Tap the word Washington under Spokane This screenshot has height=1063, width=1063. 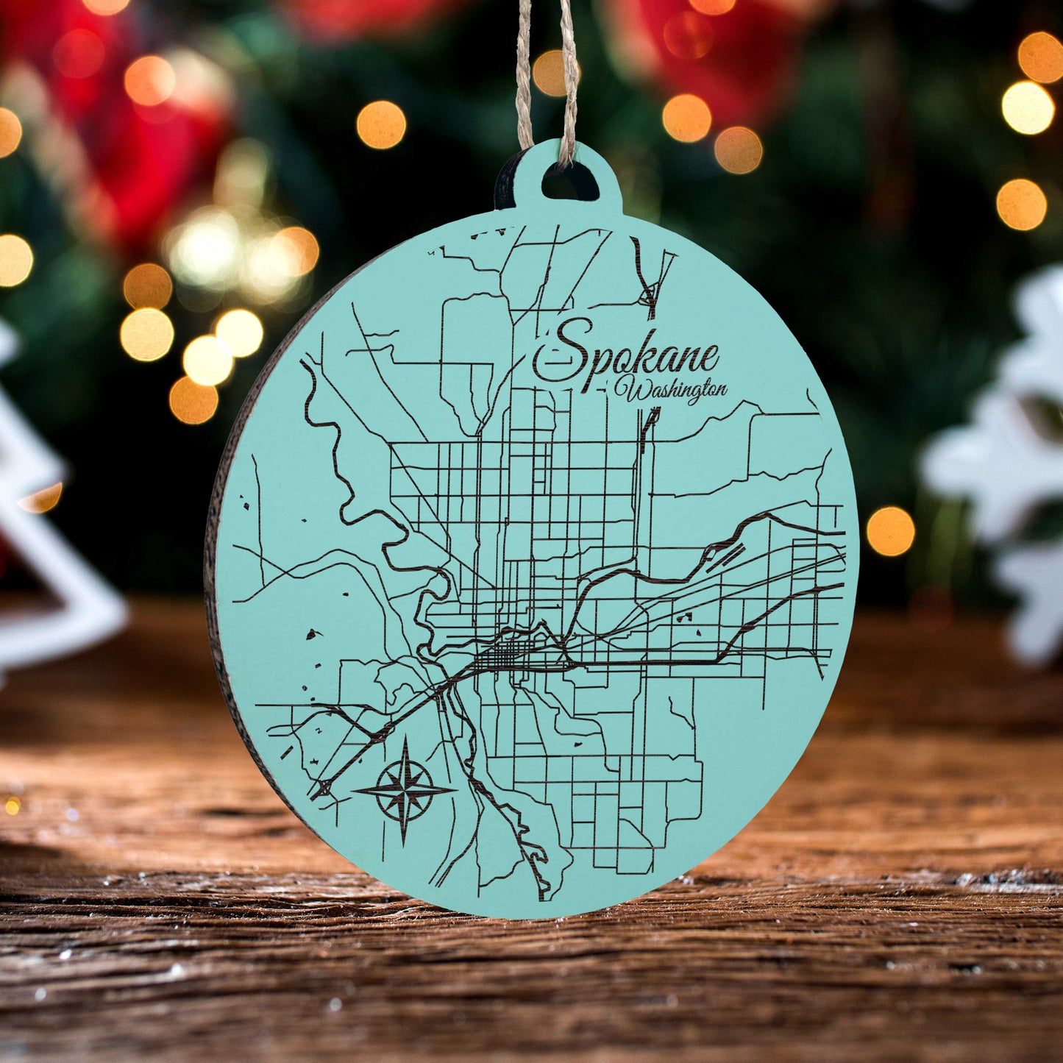(673, 391)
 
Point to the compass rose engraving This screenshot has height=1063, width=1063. (404, 792)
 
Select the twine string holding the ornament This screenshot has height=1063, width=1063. (546, 74)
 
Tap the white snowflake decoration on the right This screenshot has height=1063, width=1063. (1008, 456)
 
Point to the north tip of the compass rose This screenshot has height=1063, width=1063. (407, 737)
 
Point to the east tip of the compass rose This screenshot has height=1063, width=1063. (455, 790)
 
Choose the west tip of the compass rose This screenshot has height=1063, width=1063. (354, 792)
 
